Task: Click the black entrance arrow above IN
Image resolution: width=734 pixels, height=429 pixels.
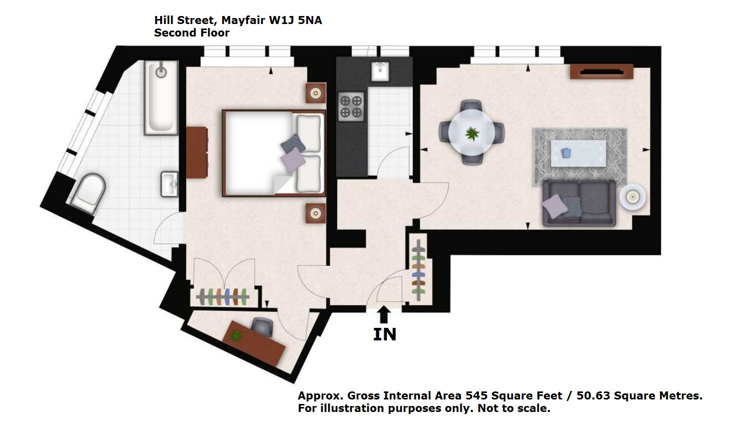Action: pos(384,315)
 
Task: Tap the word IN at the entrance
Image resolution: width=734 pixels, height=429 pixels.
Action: pos(385,334)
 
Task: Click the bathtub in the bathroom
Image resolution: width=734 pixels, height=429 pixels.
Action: pos(161,98)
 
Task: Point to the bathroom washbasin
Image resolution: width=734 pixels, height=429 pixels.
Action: pos(170,184)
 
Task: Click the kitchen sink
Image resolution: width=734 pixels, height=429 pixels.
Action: pos(380,71)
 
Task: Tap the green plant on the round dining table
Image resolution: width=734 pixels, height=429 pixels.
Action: pos(472,133)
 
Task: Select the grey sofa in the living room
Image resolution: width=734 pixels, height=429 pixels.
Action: pos(579,203)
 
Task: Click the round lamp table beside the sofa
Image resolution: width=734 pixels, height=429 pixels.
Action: pos(632,197)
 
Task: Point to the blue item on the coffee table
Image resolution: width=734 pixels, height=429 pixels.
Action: pos(566,153)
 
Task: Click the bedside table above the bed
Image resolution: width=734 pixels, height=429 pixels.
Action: pos(316,93)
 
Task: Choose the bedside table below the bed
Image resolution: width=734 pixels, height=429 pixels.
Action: pos(316,213)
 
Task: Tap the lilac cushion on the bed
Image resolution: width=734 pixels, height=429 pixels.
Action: pos(293,160)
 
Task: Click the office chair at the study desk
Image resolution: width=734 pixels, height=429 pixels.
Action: pos(262,326)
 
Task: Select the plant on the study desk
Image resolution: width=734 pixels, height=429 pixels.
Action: pos(236,335)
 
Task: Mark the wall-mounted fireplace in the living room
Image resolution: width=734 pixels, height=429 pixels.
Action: pos(601,72)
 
